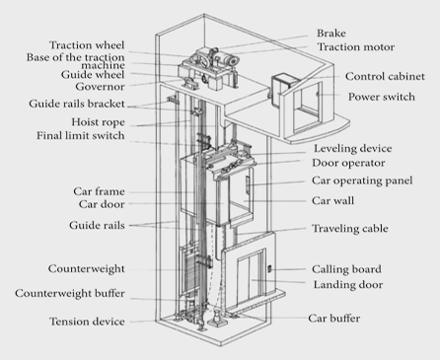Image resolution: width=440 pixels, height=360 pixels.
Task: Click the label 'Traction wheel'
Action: tap(87, 45)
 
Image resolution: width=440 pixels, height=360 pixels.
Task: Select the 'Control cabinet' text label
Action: tap(385, 76)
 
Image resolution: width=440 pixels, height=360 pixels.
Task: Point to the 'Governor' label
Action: tap(100, 87)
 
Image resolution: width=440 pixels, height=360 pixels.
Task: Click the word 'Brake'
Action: tap(331, 33)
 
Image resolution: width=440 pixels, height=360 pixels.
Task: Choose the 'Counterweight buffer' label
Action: tap(70, 293)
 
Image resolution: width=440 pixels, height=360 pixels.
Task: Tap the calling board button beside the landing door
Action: tap(269, 268)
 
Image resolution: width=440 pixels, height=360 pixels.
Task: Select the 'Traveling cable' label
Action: tap(350, 228)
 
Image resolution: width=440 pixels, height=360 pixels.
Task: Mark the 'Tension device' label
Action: tap(87, 322)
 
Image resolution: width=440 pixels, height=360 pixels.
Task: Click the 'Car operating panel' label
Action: tap(362, 180)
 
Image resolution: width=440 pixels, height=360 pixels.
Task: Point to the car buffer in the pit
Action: tap(216, 318)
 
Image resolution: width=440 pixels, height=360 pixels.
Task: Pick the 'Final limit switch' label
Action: tap(81, 135)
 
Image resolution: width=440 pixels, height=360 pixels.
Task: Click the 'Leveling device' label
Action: tap(353, 148)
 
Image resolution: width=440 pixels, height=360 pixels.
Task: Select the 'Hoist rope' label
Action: tap(99, 122)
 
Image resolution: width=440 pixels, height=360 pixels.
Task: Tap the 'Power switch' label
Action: tap(382, 97)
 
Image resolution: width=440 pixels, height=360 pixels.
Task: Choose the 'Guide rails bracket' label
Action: tap(77, 104)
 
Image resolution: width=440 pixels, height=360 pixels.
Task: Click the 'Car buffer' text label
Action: tap(334, 318)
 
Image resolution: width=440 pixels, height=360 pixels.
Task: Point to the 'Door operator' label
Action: tap(348, 163)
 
